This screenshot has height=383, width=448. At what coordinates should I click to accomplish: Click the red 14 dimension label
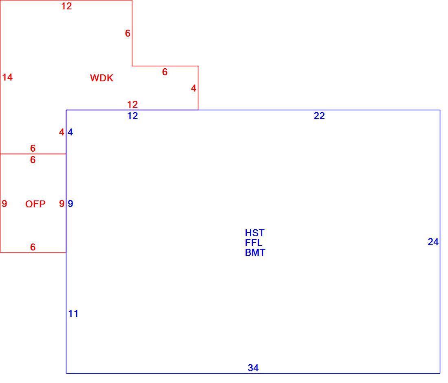7,77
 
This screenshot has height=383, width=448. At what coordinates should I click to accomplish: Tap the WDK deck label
102,78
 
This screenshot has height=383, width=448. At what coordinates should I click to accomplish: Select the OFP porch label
35,204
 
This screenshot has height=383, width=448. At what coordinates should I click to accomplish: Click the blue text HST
255,233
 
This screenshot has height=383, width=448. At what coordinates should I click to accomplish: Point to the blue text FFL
254,243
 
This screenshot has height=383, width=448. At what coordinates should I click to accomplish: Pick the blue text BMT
255,252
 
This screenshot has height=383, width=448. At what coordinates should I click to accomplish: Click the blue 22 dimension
319,116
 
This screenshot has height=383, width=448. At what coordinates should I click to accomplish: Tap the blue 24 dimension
433,242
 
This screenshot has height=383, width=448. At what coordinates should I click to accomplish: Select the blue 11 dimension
73,313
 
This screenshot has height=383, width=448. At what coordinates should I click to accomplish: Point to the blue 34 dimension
253,368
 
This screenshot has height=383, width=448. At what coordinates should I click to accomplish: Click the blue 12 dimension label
133,116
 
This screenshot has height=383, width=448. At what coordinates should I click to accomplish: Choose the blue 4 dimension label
70,132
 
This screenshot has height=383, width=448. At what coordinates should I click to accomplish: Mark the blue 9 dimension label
70,204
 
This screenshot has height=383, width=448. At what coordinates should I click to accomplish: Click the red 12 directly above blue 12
133,104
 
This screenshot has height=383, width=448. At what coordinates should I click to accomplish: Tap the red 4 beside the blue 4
62,132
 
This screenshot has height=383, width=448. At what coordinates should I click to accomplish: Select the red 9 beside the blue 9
62,204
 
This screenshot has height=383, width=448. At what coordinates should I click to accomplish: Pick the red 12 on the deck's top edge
66,6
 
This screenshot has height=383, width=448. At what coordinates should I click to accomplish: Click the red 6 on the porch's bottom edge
33,247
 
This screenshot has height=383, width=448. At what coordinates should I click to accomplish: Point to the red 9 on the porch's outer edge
4,204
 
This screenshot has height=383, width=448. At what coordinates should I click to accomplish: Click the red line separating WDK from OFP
33,154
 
